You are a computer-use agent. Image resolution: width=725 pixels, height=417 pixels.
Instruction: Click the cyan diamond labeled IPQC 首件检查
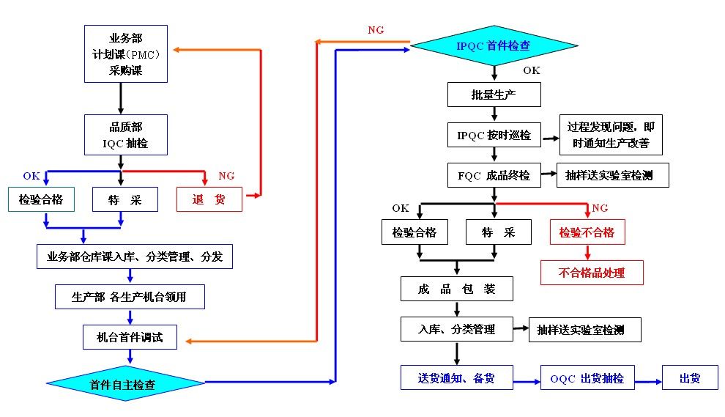tap(494, 46)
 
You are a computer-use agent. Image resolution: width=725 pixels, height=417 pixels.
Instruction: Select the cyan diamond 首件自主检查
tap(125, 383)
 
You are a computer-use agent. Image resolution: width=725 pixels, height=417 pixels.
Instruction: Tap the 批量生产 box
tap(494, 94)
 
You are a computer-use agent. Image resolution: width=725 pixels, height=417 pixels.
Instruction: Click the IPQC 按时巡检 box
tap(494, 135)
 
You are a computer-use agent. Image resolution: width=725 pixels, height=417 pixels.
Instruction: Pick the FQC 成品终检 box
tap(494, 175)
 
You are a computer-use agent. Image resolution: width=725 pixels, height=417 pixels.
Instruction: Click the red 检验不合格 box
tap(587, 232)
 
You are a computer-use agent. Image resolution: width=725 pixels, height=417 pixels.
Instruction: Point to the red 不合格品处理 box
tap(592, 273)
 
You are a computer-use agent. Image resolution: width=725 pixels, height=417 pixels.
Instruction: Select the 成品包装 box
tap(456, 289)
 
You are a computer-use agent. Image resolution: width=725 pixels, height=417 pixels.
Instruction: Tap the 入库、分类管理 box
tap(456, 329)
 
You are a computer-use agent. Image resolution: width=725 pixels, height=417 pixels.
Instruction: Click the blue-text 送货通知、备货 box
tap(456, 377)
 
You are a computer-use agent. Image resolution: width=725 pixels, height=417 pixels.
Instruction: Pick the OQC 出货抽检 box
tap(587, 378)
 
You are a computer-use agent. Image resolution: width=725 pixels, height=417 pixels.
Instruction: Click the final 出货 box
tap(690, 378)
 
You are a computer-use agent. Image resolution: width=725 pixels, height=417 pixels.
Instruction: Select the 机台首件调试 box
tap(130, 337)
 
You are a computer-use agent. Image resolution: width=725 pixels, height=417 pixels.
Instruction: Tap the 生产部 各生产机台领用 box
tap(130, 297)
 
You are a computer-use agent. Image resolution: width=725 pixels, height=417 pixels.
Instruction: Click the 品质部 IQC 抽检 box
tap(125, 135)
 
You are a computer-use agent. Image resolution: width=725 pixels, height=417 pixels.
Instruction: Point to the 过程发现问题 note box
tap(610, 135)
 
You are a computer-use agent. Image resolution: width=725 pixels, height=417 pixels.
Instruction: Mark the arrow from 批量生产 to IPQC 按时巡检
tap(495, 114)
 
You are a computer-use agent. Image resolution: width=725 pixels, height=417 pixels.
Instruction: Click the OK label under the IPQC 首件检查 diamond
tap(532, 70)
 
